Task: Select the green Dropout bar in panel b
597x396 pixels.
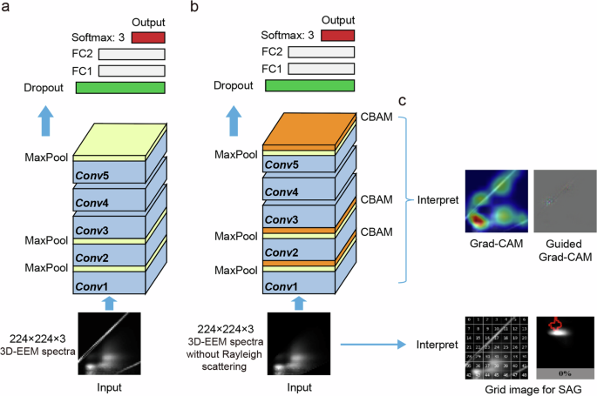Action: pos(309,84)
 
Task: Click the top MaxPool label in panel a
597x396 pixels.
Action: pos(46,158)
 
